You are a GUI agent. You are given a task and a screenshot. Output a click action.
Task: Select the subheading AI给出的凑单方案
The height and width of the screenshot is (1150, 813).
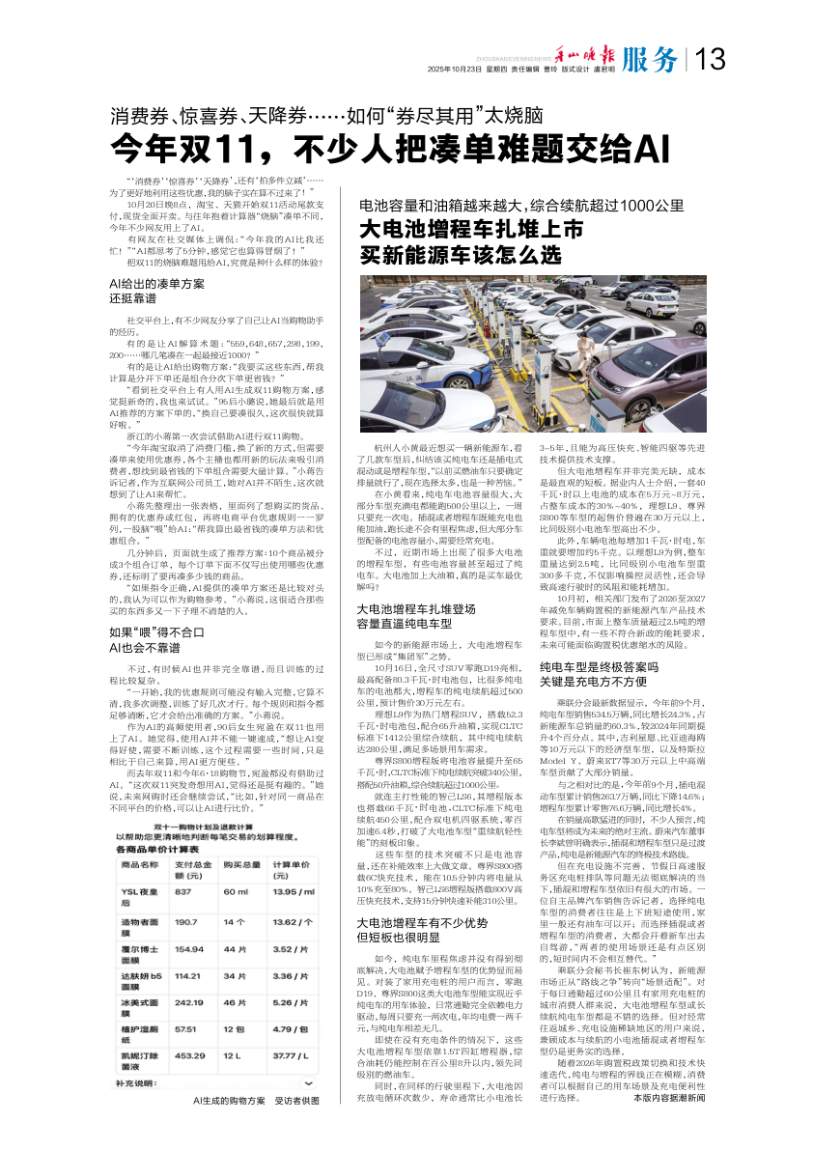(158, 284)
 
